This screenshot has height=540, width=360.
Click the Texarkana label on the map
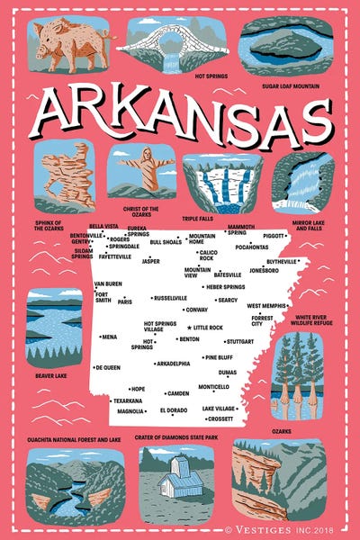click(x=128, y=400)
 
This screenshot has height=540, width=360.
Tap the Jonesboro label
click(x=264, y=269)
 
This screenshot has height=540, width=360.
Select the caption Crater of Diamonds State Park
click(x=176, y=437)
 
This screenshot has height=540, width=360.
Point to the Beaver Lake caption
click(x=51, y=376)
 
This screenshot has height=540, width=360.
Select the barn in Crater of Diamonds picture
click(x=176, y=481)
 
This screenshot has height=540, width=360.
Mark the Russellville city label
click(x=171, y=297)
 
